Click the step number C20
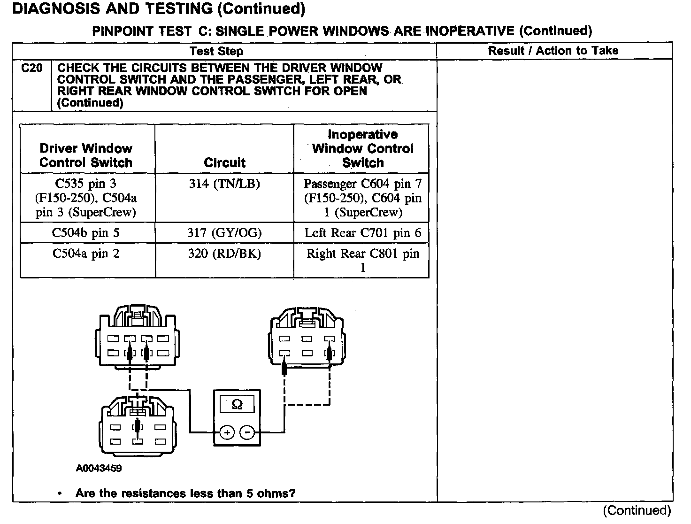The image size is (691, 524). point(31,68)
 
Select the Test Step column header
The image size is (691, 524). point(216,51)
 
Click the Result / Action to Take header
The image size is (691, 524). point(553,51)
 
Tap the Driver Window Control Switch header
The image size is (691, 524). point(86,155)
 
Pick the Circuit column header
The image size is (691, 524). point(224,162)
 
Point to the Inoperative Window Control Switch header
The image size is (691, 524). point(362,148)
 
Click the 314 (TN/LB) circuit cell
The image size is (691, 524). point(224,184)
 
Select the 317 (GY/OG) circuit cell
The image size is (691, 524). point(224,232)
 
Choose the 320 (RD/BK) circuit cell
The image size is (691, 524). point(224,254)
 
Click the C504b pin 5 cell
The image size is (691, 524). point(86,232)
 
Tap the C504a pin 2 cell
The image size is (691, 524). point(86,254)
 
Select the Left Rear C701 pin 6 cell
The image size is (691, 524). point(362,232)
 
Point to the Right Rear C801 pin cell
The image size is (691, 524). point(362,260)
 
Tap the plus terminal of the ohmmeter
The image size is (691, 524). point(227,432)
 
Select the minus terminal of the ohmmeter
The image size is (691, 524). point(247,432)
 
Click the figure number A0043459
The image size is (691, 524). point(99,468)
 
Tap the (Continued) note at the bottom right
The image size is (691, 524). point(637,510)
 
